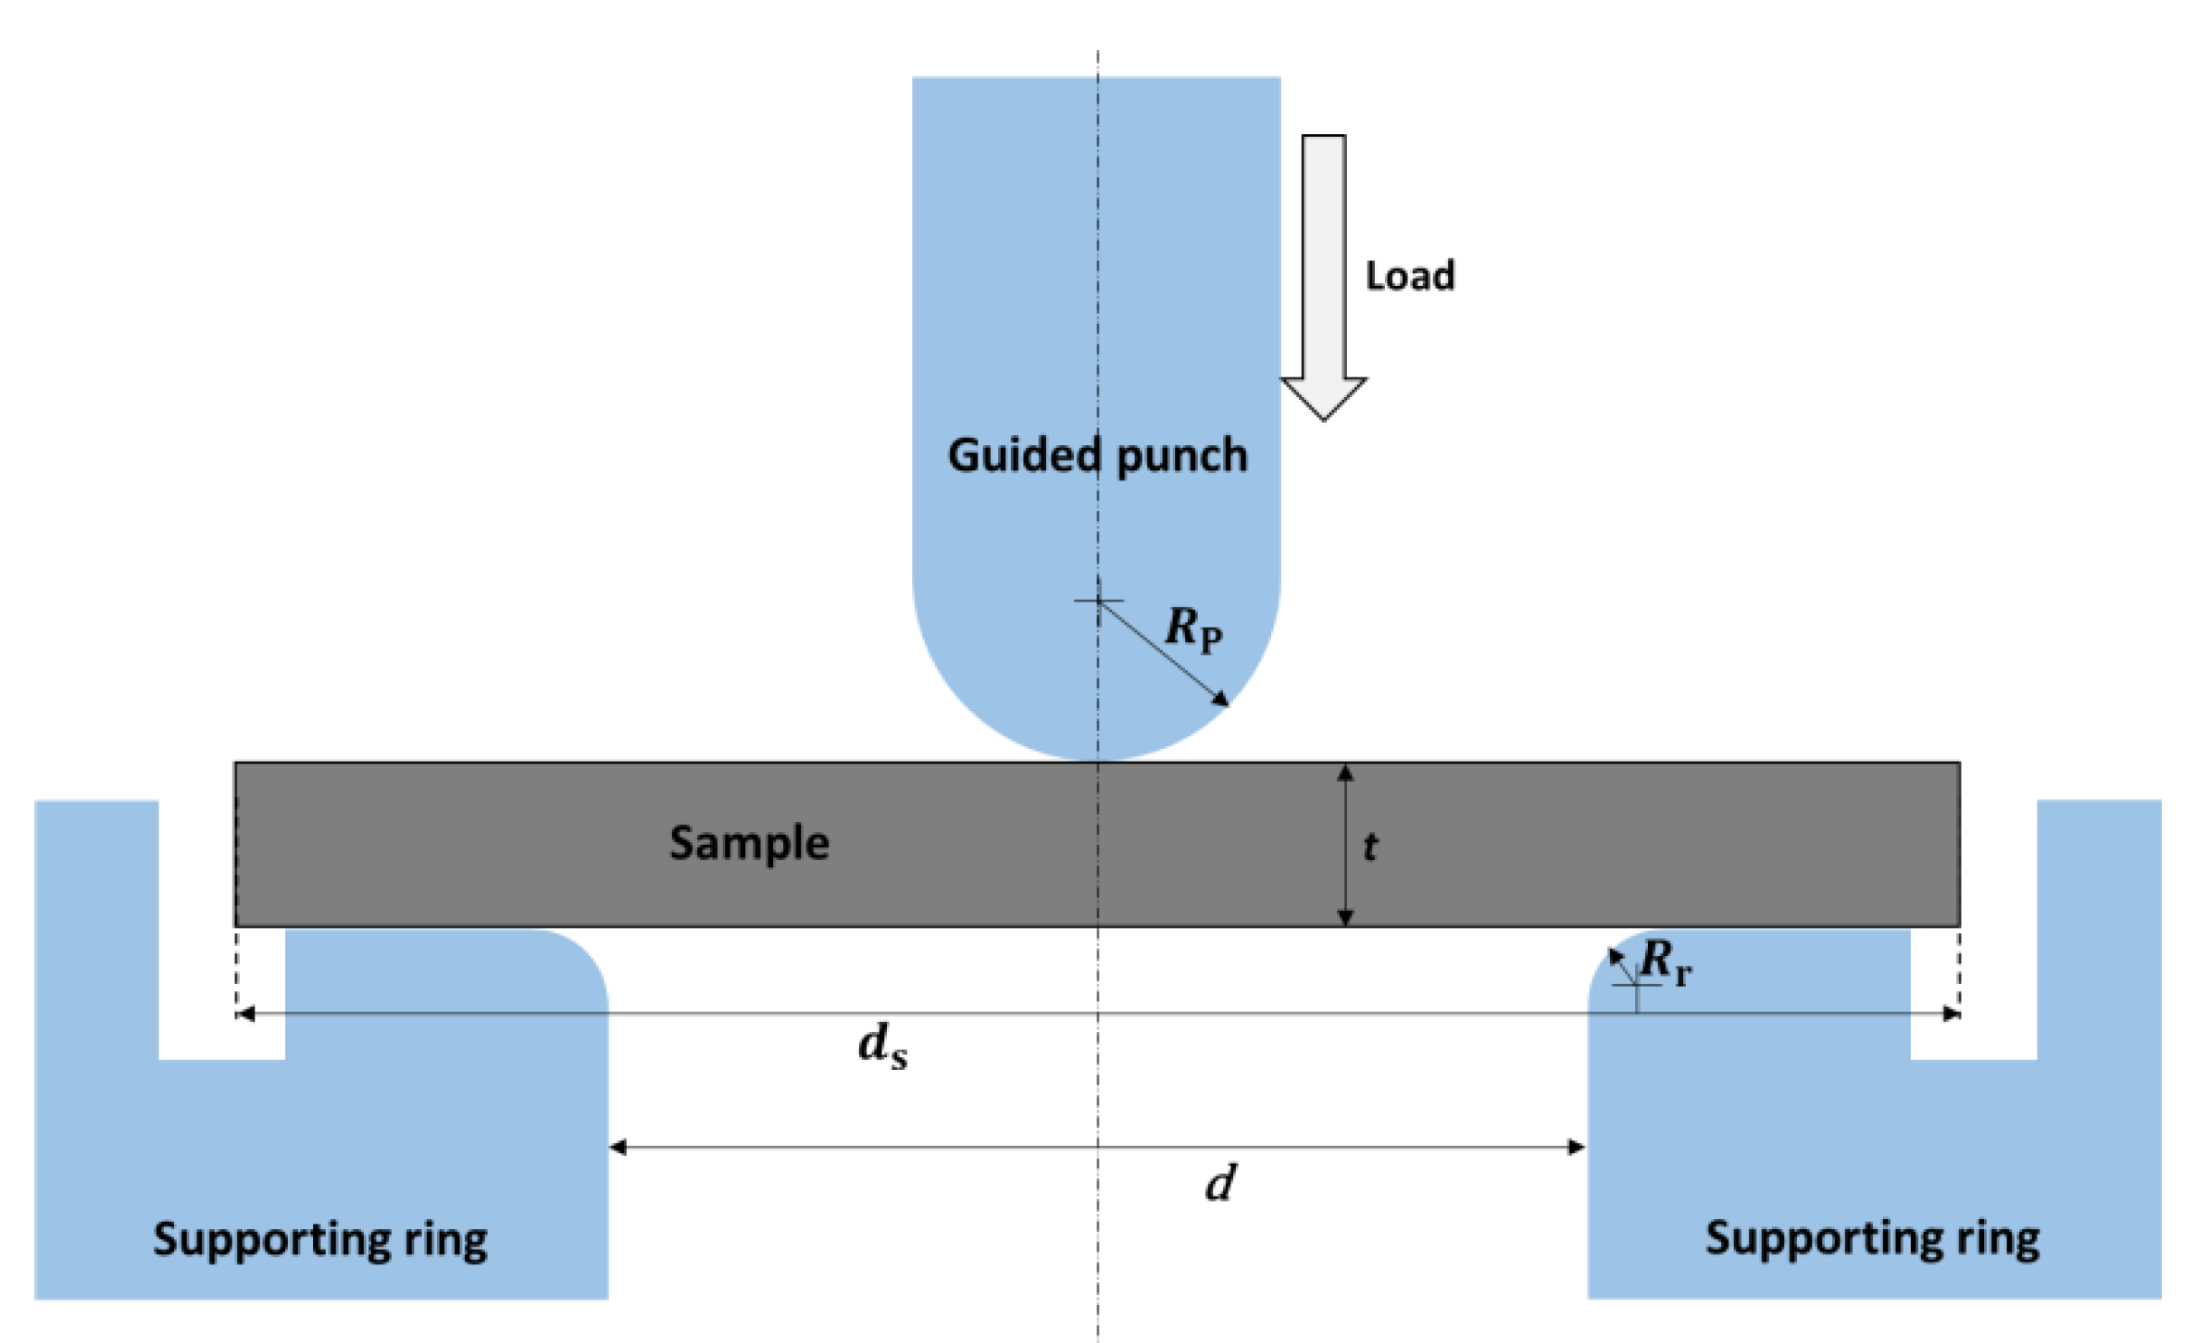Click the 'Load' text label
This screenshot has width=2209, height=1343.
tap(1409, 276)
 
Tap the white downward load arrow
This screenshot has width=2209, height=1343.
tap(1323, 278)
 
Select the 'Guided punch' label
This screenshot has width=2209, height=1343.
tap(1097, 455)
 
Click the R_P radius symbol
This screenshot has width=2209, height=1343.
tap(1192, 629)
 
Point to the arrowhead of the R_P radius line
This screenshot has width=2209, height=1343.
tap(1222, 700)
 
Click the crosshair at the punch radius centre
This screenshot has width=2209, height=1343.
tap(1098, 601)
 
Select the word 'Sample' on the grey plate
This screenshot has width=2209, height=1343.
tap(748, 843)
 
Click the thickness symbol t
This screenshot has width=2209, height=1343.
tap(1370, 846)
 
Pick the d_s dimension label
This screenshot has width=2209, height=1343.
tap(882, 1047)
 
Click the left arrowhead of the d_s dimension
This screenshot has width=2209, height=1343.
tap(245, 1014)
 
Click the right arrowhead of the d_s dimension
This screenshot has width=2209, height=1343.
tap(1951, 1014)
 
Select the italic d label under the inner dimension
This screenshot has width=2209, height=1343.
tap(1220, 1184)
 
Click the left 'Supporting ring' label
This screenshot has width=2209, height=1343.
tap(319, 1239)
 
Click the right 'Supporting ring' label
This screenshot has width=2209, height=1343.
tap(1872, 1238)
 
